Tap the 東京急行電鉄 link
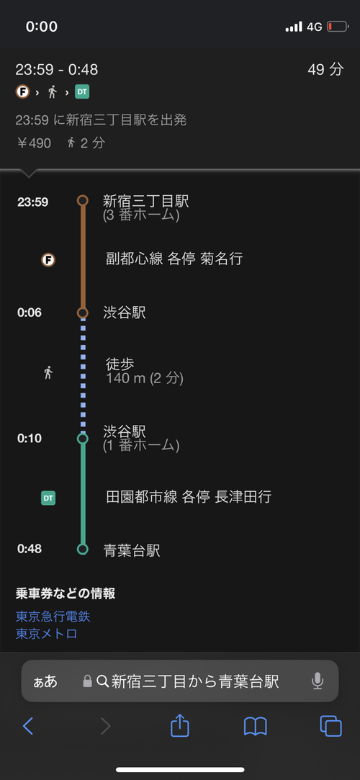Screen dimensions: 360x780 (x=53, y=617)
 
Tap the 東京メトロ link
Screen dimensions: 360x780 (x=47, y=634)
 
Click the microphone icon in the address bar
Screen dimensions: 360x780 (x=318, y=681)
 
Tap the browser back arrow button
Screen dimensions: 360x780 (x=28, y=727)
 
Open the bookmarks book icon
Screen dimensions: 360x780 (x=256, y=727)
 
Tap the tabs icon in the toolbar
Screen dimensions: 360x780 (x=330, y=726)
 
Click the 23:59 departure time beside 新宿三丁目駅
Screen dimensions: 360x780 (x=33, y=202)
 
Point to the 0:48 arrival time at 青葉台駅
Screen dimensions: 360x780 (x=30, y=549)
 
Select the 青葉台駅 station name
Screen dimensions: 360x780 (x=132, y=550)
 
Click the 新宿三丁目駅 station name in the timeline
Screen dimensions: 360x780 (x=145, y=201)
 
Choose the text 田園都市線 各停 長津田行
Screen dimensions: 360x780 (x=189, y=497)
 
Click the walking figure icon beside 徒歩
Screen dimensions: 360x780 (x=48, y=372)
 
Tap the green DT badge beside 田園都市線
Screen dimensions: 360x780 (x=48, y=498)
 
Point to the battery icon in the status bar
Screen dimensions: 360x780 (x=338, y=27)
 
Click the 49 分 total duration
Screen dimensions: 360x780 (x=325, y=70)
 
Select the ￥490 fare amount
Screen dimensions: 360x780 (x=34, y=144)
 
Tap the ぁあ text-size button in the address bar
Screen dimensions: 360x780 (x=45, y=681)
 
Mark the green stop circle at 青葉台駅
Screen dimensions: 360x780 (x=83, y=550)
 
